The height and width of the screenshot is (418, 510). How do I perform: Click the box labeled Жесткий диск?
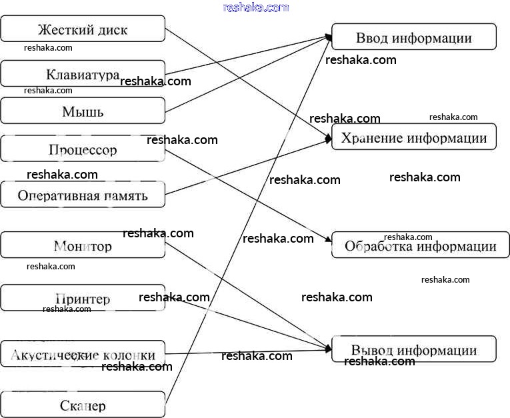tap(83, 29)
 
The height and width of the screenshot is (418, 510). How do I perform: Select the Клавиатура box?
tap(83, 73)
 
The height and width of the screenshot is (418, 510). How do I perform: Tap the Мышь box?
tap(83, 111)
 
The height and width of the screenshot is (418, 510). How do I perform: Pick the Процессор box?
tap(83, 149)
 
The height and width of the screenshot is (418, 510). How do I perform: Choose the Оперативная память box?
tap(83, 195)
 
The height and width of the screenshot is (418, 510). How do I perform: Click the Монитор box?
tap(83, 245)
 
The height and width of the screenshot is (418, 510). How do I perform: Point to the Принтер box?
tap(83, 298)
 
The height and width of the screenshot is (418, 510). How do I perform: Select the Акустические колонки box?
tap(83, 354)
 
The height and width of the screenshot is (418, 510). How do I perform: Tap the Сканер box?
tap(83, 405)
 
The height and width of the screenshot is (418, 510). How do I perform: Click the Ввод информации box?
tap(413, 37)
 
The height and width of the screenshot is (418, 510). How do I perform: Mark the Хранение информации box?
tap(413, 137)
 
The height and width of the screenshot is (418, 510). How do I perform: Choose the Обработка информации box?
tap(420, 245)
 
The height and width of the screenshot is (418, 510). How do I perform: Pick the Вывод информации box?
tap(413, 349)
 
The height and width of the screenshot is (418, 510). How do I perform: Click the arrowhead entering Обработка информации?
tap(328, 240)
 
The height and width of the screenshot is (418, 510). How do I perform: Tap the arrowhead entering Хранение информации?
tap(328, 139)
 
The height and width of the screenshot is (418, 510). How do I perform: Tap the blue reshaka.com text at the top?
tap(256, 7)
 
